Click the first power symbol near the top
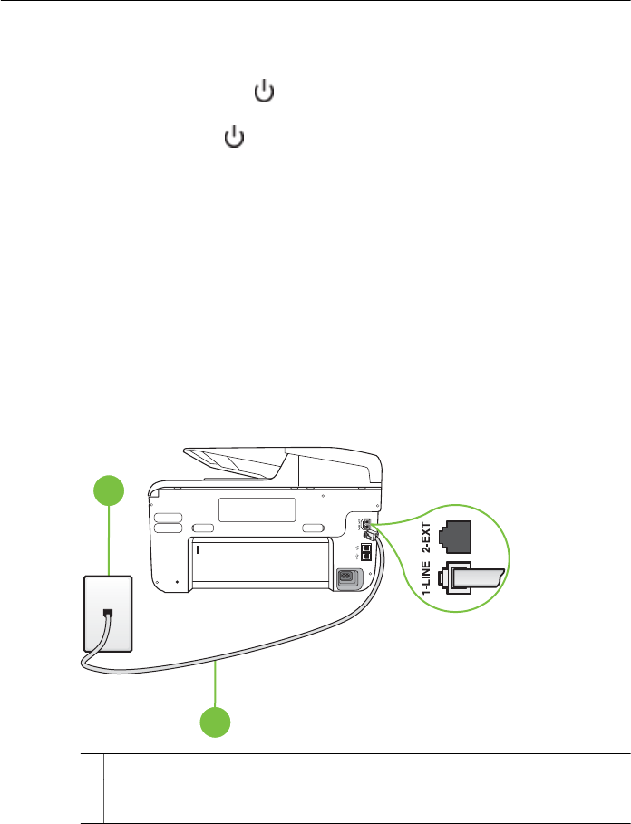click(x=263, y=92)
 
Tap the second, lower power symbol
click(x=235, y=138)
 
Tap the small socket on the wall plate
click(x=107, y=613)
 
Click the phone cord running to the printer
click(x=272, y=656)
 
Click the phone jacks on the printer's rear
click(x=364, y=529)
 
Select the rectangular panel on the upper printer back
click(x=257, y=509)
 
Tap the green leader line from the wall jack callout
click(x=109, y=544)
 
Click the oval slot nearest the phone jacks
click(x=314, y=527)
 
